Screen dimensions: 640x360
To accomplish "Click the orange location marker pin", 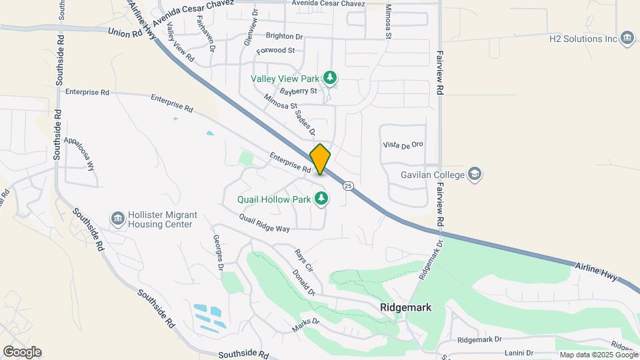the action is point(320,159).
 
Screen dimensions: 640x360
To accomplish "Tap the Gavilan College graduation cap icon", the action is point(474,174).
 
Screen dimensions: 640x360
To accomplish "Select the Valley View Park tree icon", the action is point(329,78).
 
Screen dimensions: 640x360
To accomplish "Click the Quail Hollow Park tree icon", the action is point(321,199).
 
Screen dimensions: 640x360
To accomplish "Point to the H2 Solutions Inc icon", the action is point(627,38).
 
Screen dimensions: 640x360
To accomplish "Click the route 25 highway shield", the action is point(348,185).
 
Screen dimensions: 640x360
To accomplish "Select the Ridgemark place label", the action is point(405,308).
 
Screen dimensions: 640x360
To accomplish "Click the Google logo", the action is point(22,352).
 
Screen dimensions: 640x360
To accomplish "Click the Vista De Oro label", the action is point(403,145).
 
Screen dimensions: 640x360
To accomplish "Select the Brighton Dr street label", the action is point(284,37).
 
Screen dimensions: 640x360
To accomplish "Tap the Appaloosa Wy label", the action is point(80,155).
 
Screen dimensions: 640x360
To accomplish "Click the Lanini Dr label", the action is point(519,353).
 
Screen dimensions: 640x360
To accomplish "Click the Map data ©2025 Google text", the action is point(598,355).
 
